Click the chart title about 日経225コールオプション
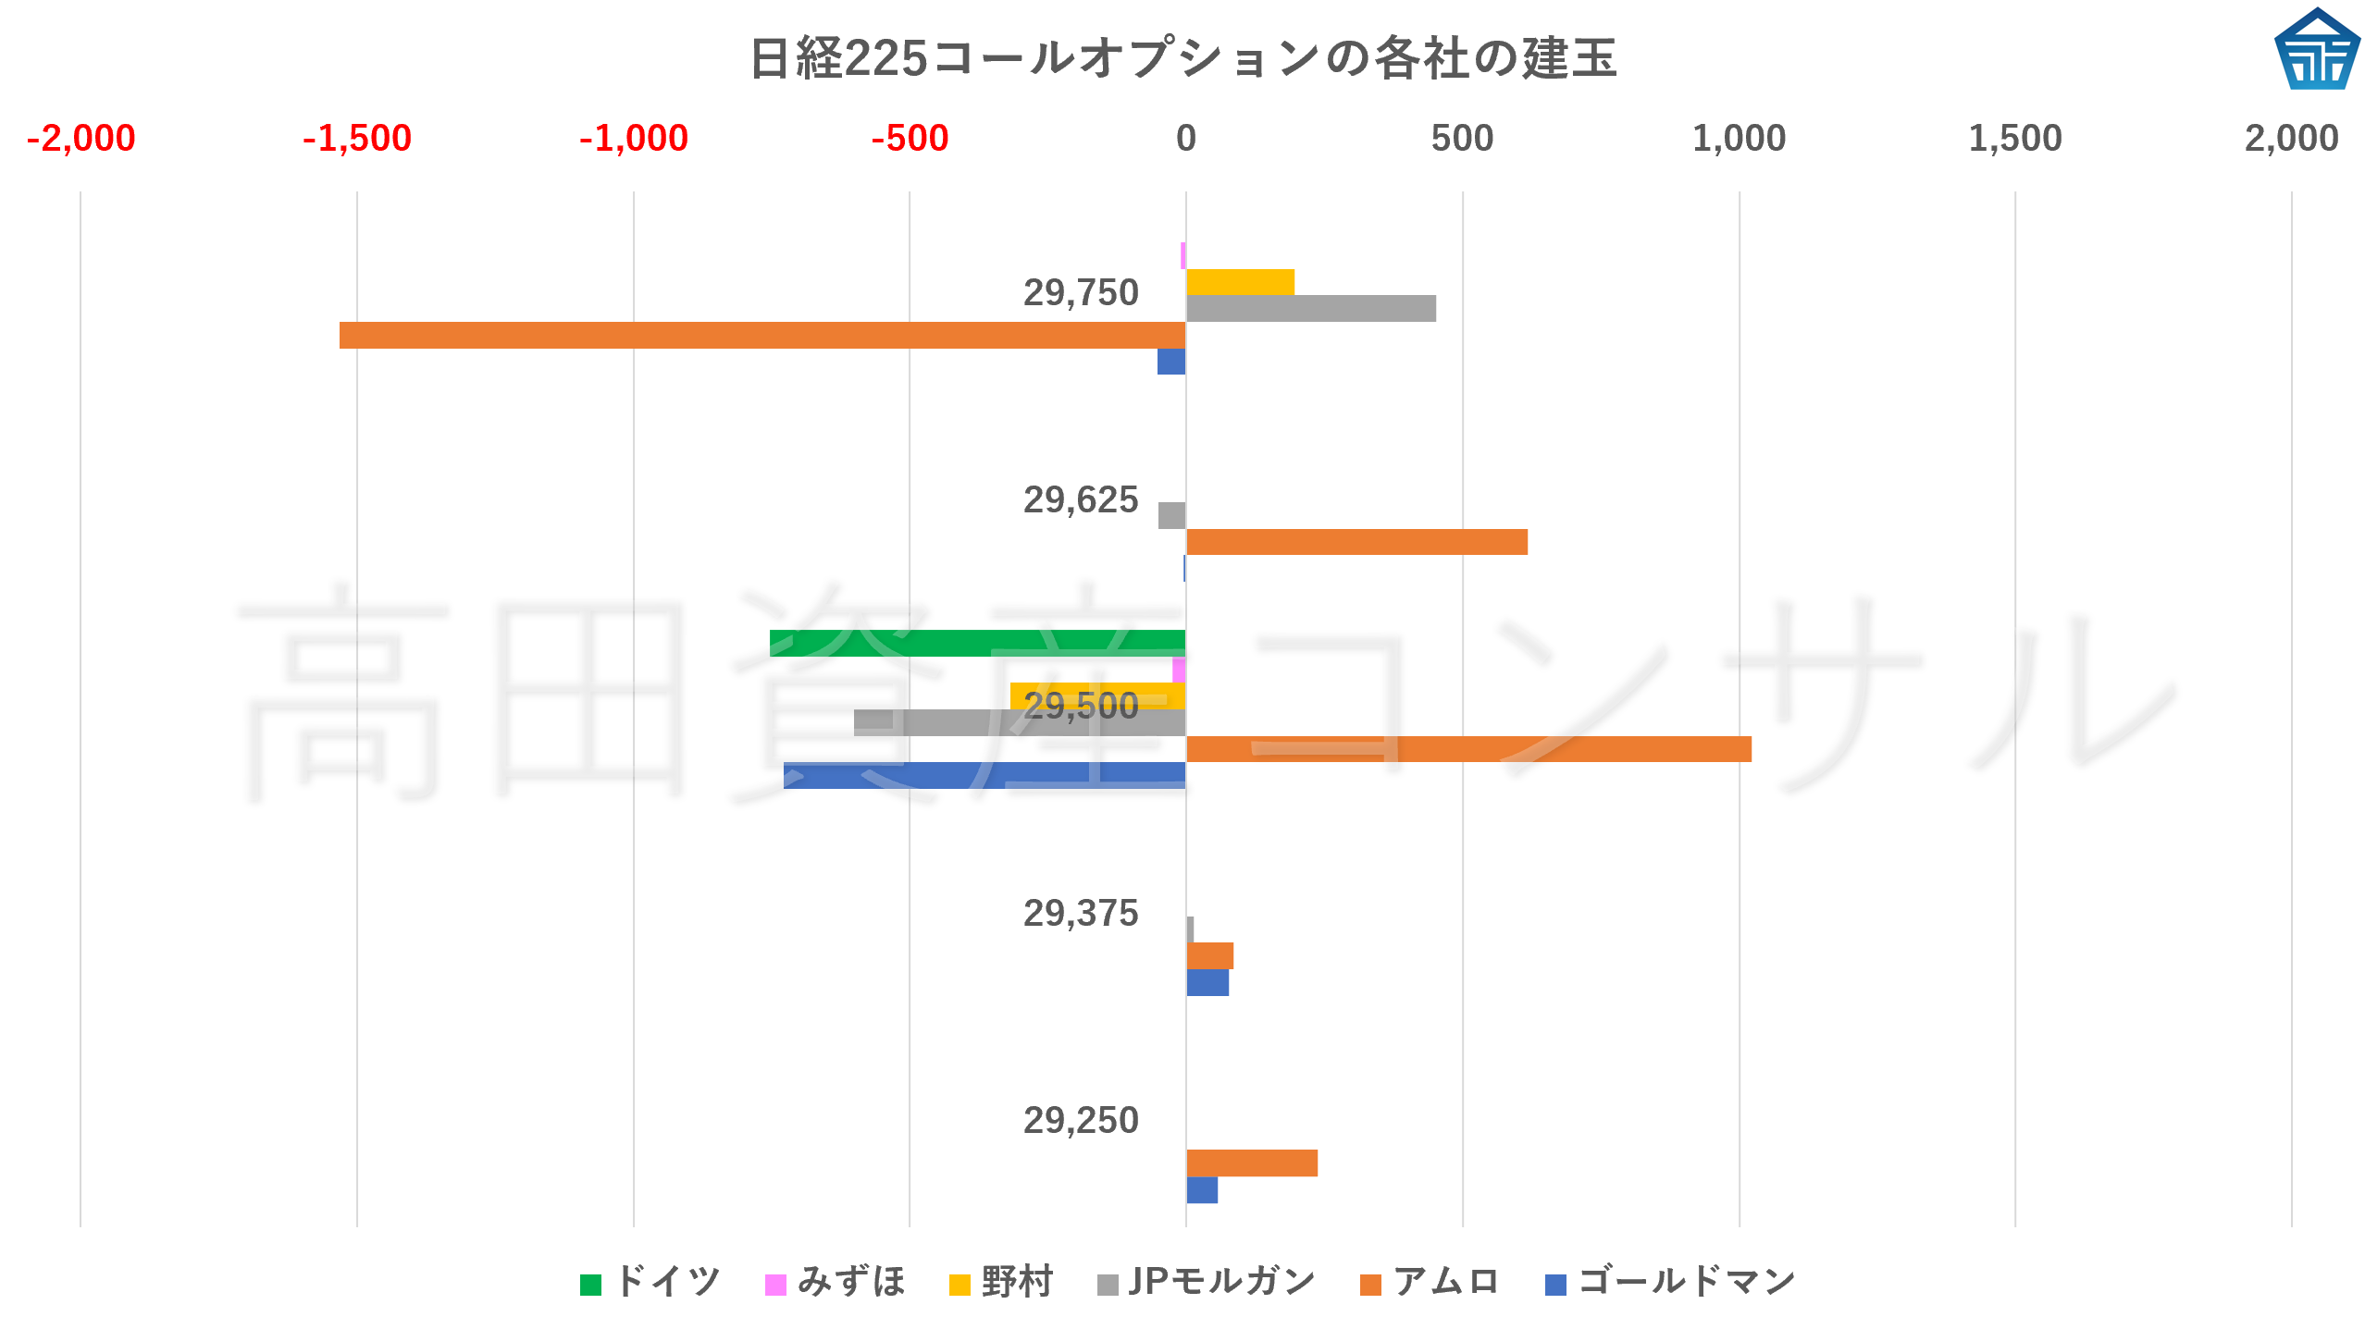(1182, 58)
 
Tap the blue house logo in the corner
(2316, 51)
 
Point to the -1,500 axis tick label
(357, 139)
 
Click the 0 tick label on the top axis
(1185, 139)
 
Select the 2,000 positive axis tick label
(2290, 139)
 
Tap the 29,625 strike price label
(1080, 500)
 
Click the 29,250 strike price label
(1080, 1121)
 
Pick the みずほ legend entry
(836, 1282)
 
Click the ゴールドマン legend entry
(1670, 1282)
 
